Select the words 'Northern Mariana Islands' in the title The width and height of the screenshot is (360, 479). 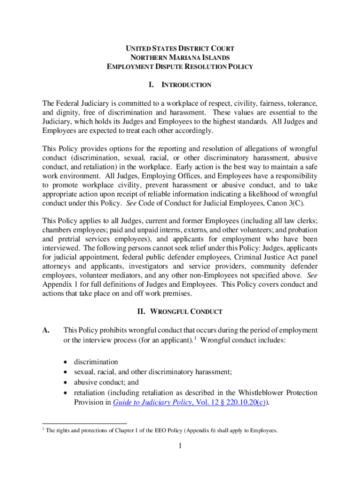point(180,58)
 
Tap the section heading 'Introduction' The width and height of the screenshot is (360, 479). point(186,85)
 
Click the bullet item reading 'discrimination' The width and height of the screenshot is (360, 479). point(96,362)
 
